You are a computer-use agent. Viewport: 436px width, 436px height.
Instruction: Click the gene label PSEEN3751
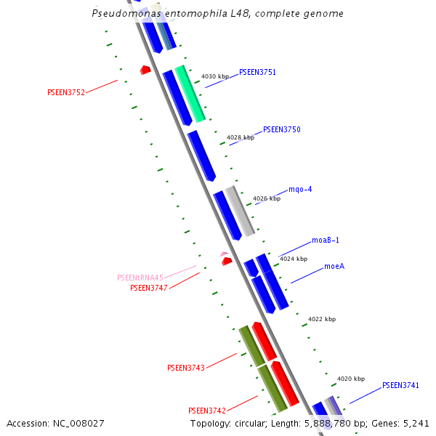point(257,73)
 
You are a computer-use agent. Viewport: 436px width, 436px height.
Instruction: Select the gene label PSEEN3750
point(281,129)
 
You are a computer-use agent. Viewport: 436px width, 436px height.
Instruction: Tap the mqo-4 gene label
point(300,190)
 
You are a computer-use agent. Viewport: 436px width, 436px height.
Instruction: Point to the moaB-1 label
point(326,240)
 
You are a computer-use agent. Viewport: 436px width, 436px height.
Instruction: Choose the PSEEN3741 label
point(400,385)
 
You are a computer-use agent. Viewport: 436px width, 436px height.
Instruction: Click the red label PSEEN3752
point(66,92)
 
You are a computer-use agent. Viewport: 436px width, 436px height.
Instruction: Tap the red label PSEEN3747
point(149,288)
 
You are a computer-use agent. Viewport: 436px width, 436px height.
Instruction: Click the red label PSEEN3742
point(207,411)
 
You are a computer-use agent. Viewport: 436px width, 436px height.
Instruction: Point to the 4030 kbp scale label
point(214,76)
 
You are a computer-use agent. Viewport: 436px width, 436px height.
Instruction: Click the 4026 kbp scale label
point(267,198)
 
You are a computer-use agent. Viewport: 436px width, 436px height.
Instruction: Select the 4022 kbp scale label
point(322,319)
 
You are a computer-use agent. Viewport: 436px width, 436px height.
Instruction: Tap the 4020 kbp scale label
point(351,379)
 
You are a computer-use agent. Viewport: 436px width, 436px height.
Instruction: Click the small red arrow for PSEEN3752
point(145,70)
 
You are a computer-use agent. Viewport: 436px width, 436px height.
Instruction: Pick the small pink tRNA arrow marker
point(224,254)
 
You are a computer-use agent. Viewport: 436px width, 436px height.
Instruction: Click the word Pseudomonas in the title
point(121,14)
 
